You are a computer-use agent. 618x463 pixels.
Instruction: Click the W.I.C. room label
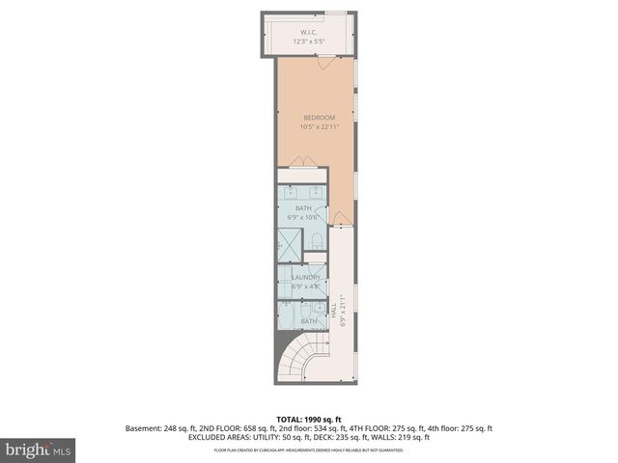click(x=309, y=33)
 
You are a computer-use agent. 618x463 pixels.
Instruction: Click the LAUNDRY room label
click(x=305, y=277)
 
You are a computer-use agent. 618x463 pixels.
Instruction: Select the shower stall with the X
click(x=290, y=245)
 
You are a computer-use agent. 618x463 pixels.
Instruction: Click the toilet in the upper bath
click(x=316, y=241)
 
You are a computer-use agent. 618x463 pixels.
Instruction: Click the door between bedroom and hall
click(x=340, y=219)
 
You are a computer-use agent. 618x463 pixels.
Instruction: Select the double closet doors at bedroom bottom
click(x=302, y=161)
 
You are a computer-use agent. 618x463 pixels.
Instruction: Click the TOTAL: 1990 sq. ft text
click(x=308, y=420)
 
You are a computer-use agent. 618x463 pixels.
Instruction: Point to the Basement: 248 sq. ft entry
click(x=160, y=428)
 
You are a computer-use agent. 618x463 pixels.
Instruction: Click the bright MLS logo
click(x=39, y=449)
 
